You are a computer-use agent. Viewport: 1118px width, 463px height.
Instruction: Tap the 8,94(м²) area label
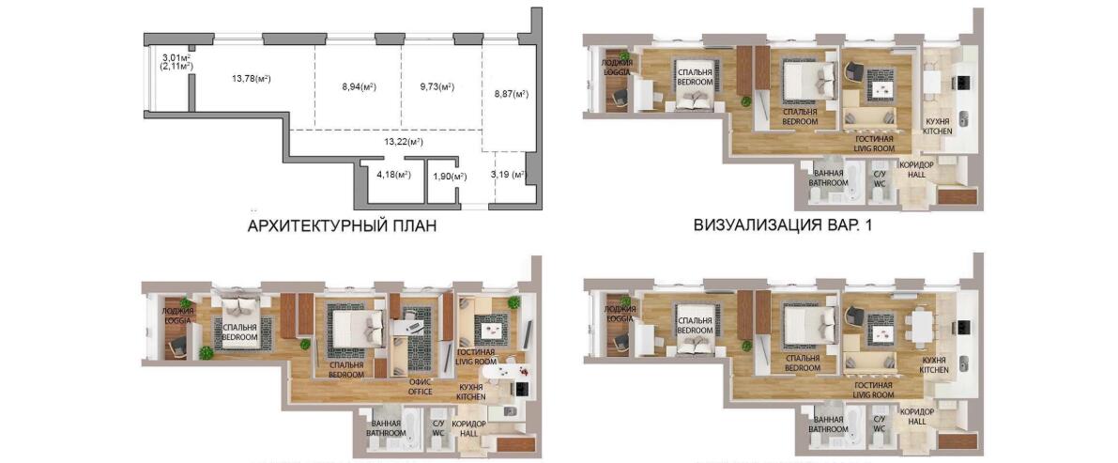click(x=359, y=87)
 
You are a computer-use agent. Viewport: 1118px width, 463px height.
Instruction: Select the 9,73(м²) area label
click(x=436, y=87)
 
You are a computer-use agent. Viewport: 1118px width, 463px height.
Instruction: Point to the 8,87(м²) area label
click(x=512, y=94)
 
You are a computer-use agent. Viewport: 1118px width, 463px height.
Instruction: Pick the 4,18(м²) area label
click(x=393, y=175)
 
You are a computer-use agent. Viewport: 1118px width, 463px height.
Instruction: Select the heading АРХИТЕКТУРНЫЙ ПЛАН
click(x=342, y=227)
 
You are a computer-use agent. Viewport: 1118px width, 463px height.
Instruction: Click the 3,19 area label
click(x=508, y=174)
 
